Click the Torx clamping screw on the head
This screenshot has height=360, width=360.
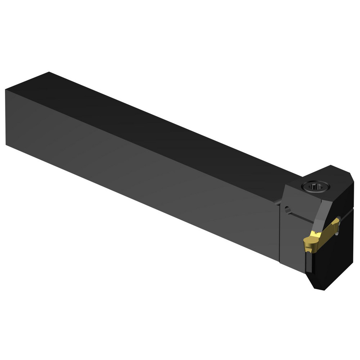pos(315,186)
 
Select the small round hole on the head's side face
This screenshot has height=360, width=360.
pos(287,209)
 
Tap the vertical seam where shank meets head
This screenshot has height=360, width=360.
pos(280,230)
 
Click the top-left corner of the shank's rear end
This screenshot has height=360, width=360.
pos(6,90)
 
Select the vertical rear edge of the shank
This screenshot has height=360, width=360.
pos(6,117)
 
